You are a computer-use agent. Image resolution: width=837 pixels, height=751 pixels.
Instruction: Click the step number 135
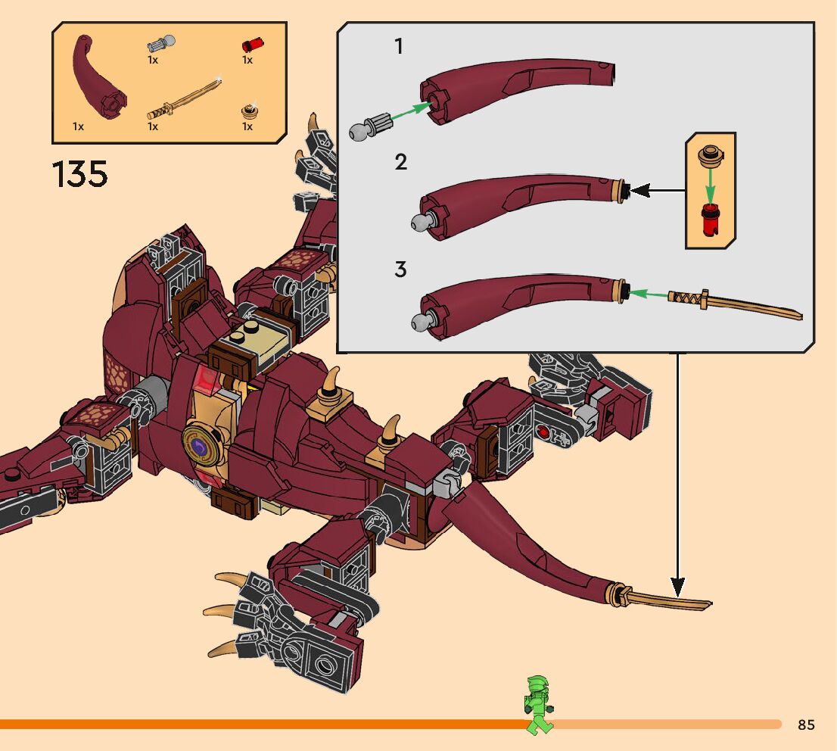[80, 174]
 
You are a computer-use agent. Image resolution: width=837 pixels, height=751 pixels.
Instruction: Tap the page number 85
[806, 725]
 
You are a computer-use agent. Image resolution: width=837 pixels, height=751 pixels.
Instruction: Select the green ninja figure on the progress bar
[538, 705]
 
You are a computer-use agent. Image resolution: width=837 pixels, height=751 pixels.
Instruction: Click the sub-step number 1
[399, 47]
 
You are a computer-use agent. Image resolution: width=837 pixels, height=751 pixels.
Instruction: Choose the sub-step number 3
[400, 270]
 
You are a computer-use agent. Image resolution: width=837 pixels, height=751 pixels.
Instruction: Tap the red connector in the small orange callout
[710, 220]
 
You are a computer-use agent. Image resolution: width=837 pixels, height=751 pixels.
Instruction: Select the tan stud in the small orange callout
[710, 156]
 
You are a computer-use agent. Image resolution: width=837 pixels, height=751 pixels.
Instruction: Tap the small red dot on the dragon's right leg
[543, 432]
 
